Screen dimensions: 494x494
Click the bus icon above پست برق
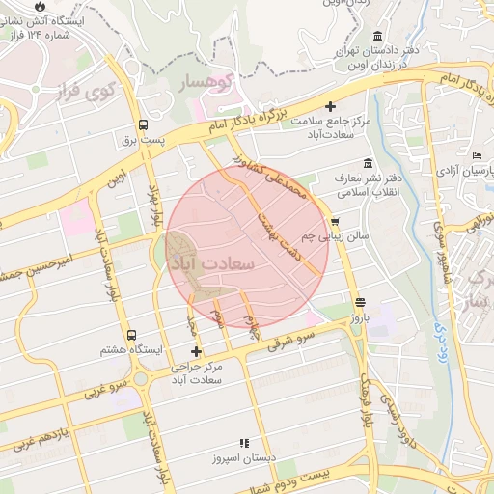pos(144,125)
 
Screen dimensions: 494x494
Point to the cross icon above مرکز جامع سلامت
pos(331,106)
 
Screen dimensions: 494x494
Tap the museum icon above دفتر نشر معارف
pos(366,163)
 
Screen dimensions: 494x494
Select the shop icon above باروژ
pos(360,302)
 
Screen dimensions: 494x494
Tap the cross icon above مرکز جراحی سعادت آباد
pos(197,351)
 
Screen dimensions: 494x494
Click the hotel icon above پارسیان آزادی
pos(478,156)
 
